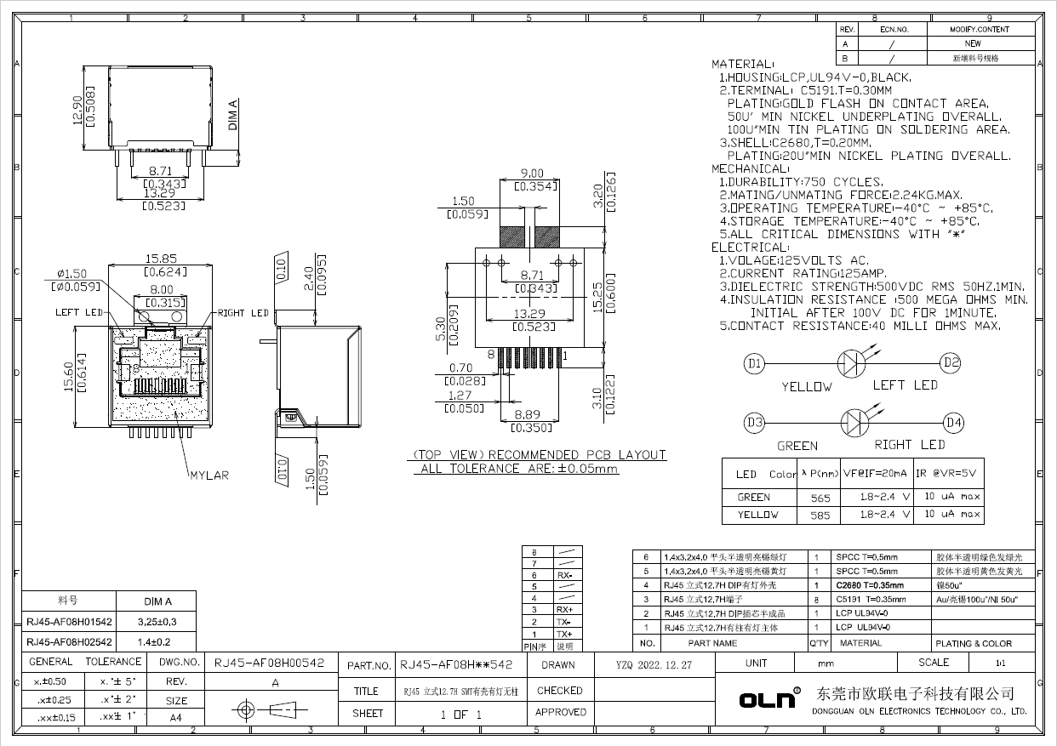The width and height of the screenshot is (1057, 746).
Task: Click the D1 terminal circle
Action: tap(754, 364)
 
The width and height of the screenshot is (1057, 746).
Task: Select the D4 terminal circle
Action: tap(954, 423)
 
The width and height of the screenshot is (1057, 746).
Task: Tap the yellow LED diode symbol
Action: tap(853, 364)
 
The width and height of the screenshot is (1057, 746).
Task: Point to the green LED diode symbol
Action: tap(853, 423)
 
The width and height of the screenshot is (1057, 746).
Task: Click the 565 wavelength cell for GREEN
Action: tap(820, 498)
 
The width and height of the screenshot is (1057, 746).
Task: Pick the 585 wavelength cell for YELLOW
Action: tap(820, 515)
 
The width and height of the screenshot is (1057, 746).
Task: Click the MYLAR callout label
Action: tap(209, 476)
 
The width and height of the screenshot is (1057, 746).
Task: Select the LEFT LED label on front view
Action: tap(79, 312)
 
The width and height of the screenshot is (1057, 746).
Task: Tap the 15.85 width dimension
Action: tap(160, 259)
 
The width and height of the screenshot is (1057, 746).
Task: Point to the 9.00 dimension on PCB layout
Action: tap(531, 174)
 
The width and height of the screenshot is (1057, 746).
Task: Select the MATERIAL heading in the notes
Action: tap(741, 64)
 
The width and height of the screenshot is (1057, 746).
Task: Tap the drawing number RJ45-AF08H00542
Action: tap(269, 663)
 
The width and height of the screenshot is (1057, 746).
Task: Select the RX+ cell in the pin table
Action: tap(564, 610)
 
